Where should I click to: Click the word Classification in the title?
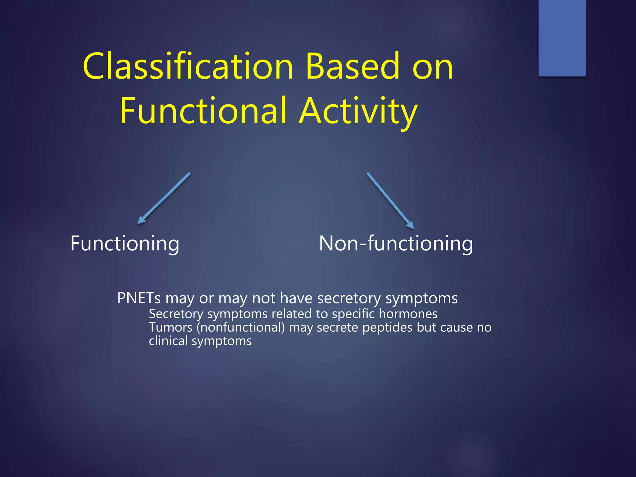(188, 67)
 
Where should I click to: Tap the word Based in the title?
(352, 67)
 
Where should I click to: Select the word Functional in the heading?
(203, 111)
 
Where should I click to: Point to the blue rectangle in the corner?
(562, 38)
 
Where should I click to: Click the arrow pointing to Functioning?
(164, 198)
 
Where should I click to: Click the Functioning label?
(125, 244)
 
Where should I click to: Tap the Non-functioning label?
(396, 244)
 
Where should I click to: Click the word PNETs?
(139, 298)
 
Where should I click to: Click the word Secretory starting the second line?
(176, 314)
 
